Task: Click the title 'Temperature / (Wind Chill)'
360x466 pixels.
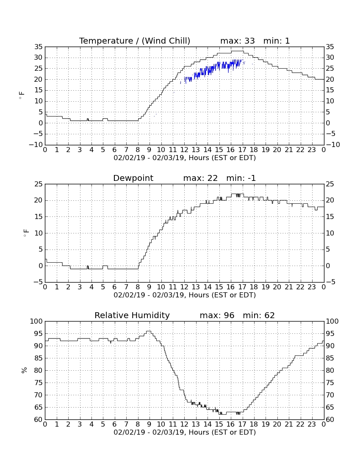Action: (135, 41)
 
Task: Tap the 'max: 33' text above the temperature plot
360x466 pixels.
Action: (238, 41)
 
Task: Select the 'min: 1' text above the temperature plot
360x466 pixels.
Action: (277, 41)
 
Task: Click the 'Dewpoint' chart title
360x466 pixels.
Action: (133, 178)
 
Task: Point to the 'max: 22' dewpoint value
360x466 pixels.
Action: (200, 178)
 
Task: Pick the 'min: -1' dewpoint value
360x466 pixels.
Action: (241, 178)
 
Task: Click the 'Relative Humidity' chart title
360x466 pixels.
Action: (132, 315)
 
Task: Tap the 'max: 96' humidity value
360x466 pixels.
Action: (217, 315)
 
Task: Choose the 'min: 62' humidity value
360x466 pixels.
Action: (259, 315)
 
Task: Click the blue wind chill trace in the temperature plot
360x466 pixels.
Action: (212, 69)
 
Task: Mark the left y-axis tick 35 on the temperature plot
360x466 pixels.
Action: (39, 47)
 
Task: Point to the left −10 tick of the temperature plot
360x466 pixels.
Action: (36, 145)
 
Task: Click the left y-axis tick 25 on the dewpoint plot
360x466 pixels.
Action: (39, 184)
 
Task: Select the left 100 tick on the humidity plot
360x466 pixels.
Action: (36, 321)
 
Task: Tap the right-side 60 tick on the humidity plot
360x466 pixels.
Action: (330, 420)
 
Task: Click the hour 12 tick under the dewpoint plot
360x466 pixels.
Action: (184, 287)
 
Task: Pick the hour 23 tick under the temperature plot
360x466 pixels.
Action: (312, 150)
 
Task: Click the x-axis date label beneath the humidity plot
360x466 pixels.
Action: (185, 432)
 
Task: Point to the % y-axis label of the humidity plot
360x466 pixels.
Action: (24, 370)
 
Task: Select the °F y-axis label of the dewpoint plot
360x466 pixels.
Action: (26, 233)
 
